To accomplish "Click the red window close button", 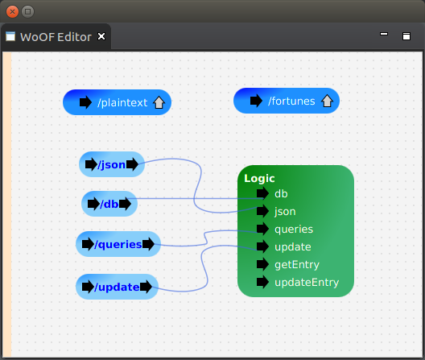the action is click(x=12, y=11).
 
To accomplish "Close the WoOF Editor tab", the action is click(x=101, y=36).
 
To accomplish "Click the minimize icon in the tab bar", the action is click(x=384, y=34).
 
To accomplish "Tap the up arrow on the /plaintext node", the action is click(x=159, y=102).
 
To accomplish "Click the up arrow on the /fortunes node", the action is click(x=327, y=101).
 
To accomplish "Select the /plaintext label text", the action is click(x=122, y=102).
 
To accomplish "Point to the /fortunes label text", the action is click(x=291, y=101).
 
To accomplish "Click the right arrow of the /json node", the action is click(x=132, y=164).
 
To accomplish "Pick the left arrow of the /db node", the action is click(x=93, y=204).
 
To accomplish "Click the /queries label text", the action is click(x=118, y=245).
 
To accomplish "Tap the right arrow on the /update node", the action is click(x=146, y=287).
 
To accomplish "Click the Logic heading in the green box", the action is click(x=259, y=178).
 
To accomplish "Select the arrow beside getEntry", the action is click(x=262, y=264).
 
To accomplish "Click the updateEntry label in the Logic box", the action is click(x=307, y=283).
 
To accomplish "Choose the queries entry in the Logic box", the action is click(x=294, y=230).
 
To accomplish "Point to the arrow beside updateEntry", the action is click(x=262, y=282).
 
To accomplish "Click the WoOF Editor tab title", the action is click(x=56, y=37).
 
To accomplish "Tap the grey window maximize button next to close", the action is click(x=27, y=11).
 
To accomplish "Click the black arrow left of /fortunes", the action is click(x=256, y=101).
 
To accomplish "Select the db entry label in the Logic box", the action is click(x=281, y=194).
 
